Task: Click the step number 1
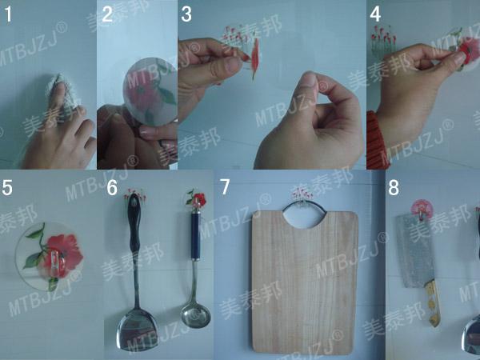point(9,13)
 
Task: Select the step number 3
point(186,14)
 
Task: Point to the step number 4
point(374,14)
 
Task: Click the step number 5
point(8,189)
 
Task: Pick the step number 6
point(112,189)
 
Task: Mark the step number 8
point(393,188)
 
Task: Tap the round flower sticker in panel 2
point(148,88)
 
